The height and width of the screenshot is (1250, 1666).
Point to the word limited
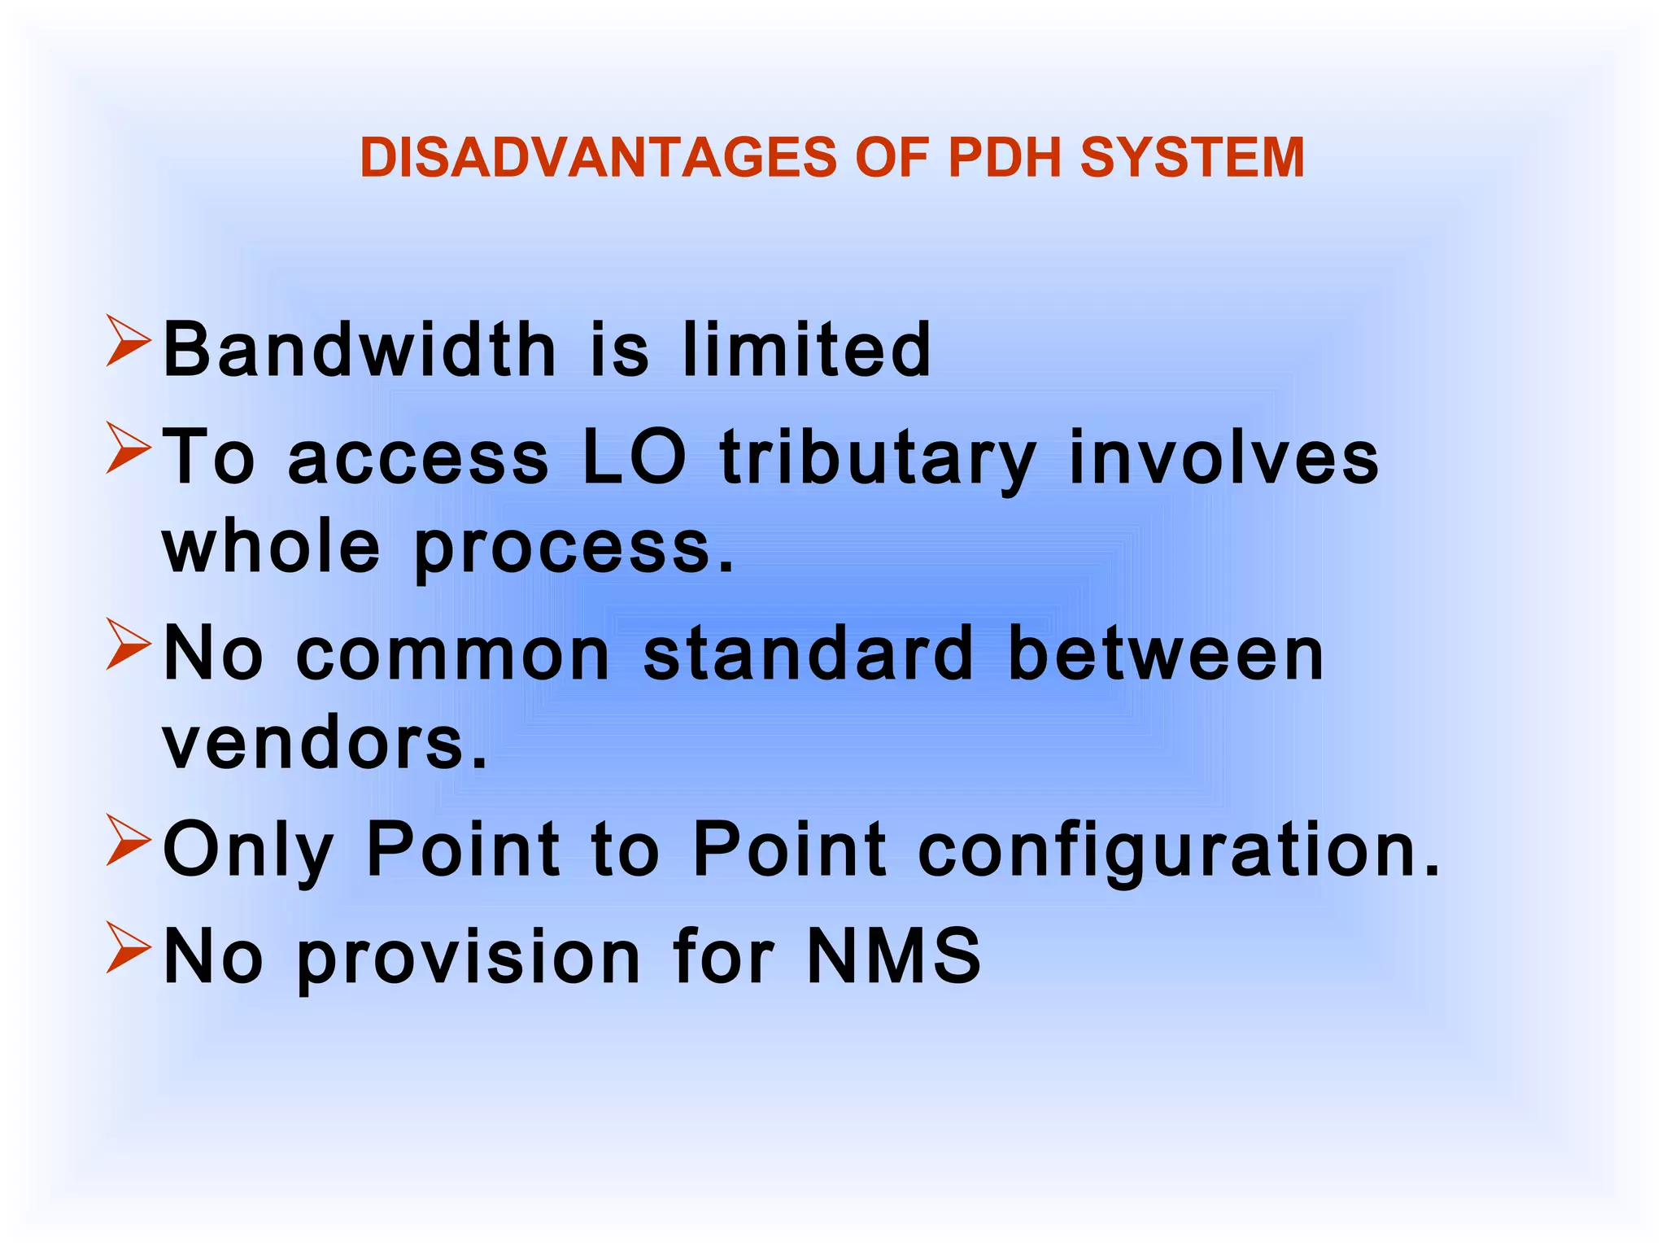tap(806, 349)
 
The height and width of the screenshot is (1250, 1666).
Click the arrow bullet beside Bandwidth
tap(129, 343)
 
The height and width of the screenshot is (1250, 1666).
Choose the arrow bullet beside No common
tap(129, 645)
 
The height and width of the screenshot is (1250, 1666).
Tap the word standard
tap(808, 653)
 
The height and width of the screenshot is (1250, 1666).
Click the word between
tap(1166, 653)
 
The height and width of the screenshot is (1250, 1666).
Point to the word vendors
tap(325, 743)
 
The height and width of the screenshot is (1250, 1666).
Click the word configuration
tap(1180, 850)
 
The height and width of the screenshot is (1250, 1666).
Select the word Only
tap(248, 850)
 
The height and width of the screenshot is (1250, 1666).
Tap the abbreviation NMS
tap(893, 955)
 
